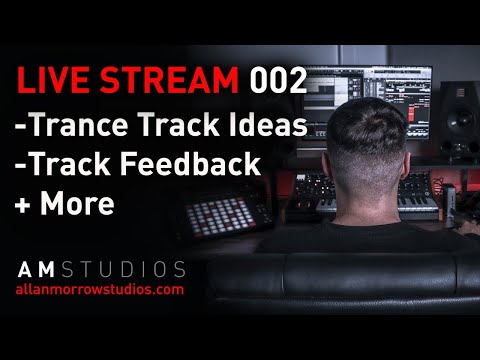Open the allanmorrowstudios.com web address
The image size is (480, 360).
coord(100,289)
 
